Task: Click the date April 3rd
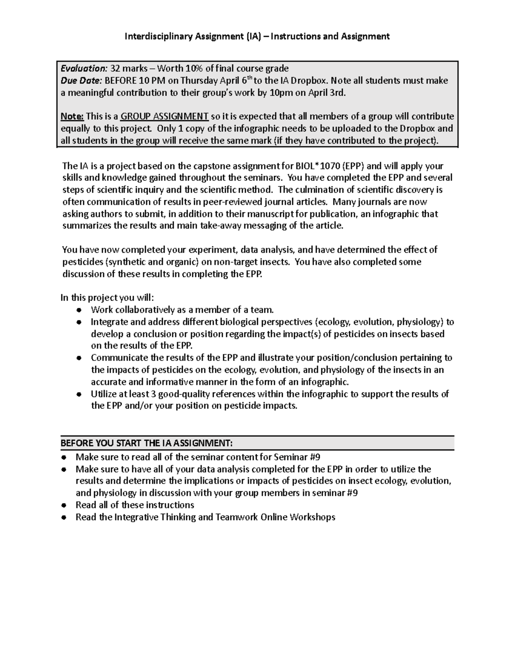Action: (325, 92)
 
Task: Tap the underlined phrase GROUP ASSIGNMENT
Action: (164, 116)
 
